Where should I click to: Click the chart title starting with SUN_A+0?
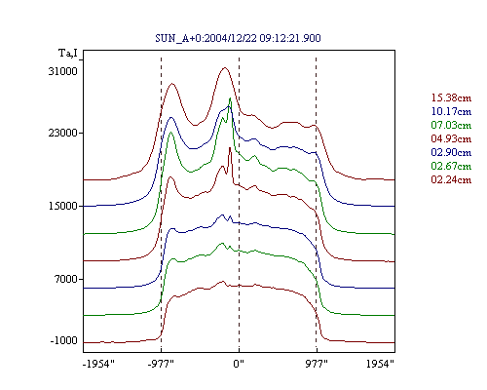238,38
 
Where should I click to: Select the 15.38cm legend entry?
451,97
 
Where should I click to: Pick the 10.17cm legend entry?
451,111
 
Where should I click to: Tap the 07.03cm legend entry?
451,125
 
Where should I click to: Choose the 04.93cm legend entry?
451,138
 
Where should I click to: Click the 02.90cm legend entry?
451,152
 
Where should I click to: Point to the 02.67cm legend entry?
451,166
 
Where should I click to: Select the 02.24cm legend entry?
451,179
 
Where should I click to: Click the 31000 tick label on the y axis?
63,71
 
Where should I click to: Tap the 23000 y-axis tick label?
63,133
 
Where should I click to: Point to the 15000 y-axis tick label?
63,206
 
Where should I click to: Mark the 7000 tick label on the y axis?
65,279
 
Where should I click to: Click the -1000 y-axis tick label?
64,340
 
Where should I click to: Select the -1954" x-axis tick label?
98,364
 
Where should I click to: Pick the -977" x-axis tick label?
161,364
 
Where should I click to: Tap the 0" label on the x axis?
239,364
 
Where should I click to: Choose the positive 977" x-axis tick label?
317,364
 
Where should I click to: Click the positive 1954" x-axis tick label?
380,364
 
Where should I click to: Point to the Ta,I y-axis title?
68,53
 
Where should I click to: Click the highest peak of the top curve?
224,67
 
